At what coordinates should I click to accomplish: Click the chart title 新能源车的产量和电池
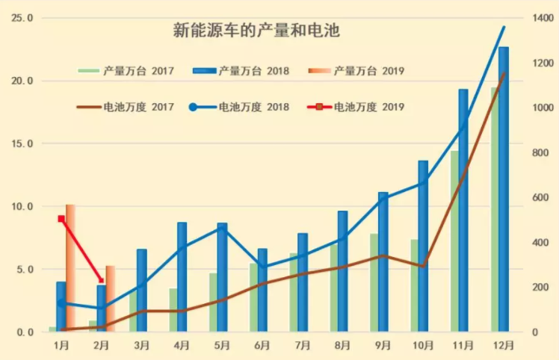256,31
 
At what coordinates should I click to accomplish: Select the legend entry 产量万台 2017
126,71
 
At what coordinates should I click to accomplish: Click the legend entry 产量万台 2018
240,71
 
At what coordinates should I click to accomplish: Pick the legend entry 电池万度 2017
126,107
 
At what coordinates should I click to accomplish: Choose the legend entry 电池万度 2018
240,107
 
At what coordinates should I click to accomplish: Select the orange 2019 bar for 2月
111,299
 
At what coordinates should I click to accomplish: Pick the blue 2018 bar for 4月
182,277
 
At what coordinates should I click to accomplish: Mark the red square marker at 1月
61,219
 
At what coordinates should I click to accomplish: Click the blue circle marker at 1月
61,302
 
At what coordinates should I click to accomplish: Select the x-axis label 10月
422,345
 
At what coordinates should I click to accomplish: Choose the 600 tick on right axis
539,198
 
